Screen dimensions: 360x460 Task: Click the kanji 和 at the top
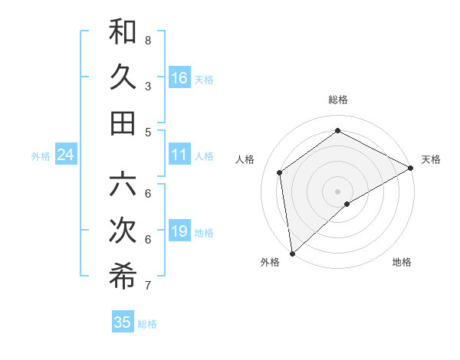point(123,32)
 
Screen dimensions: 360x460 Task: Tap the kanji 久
point(123,77)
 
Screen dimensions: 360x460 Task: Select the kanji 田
point(123,123)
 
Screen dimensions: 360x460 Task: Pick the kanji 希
point(123,277)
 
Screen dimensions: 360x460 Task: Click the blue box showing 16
point(179,78)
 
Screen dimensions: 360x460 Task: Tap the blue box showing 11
point(179,155)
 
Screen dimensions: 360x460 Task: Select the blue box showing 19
point(179,231)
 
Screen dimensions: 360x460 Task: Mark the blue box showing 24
point(66,155)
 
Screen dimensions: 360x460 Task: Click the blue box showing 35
point(123,322)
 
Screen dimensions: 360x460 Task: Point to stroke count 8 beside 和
point(148,39)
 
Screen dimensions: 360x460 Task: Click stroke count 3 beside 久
point(148,86)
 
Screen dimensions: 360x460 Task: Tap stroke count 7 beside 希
point(148,286)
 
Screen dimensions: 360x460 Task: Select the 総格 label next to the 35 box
point(147,324)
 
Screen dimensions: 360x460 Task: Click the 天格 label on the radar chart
point(431,159)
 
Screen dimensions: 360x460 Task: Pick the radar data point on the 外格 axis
point(292,253)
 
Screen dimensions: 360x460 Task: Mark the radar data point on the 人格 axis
point(280,172)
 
